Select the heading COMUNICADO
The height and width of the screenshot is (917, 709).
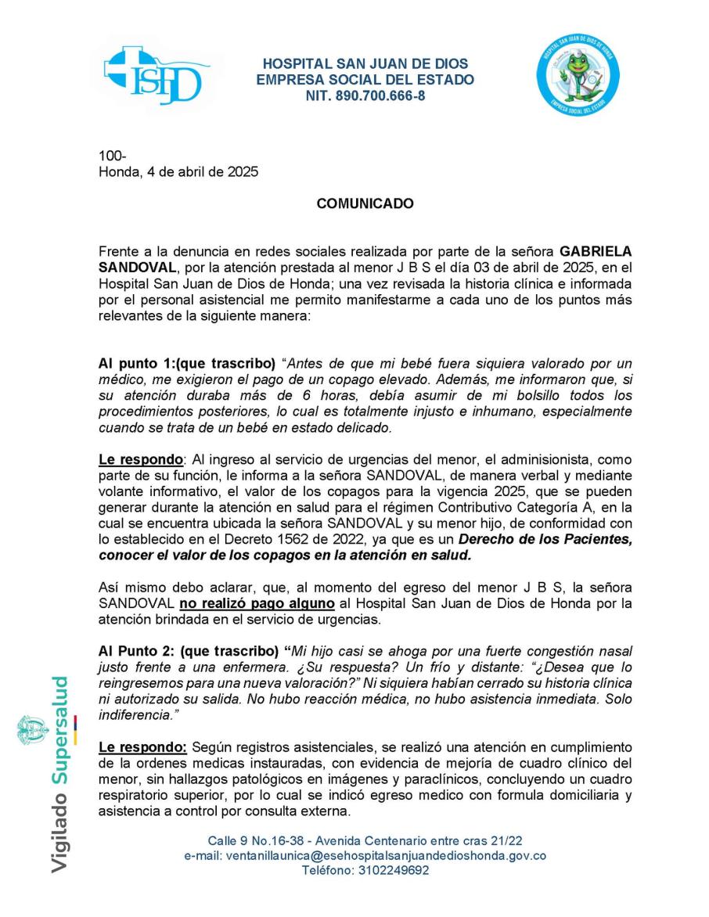(365, 203)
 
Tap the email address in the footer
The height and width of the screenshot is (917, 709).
(365, 855)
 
